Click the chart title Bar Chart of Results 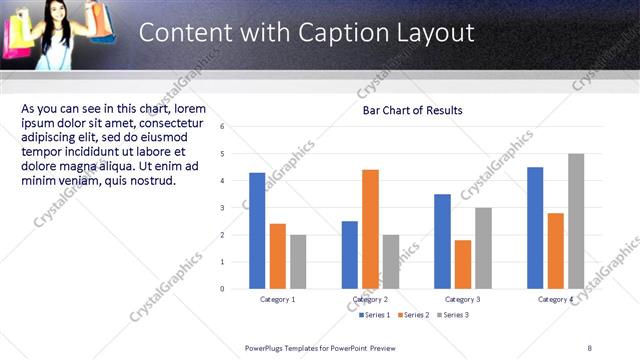(412, 110)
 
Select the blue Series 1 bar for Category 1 (257, 230)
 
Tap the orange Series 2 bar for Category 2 (370, 228)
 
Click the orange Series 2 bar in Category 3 (462, 264)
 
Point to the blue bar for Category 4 (535, 227)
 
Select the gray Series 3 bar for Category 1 (298, 261)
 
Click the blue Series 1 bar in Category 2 (349, 254)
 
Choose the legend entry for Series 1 (375, 314)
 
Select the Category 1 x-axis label (277, 299)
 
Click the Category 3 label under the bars (462, 299)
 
